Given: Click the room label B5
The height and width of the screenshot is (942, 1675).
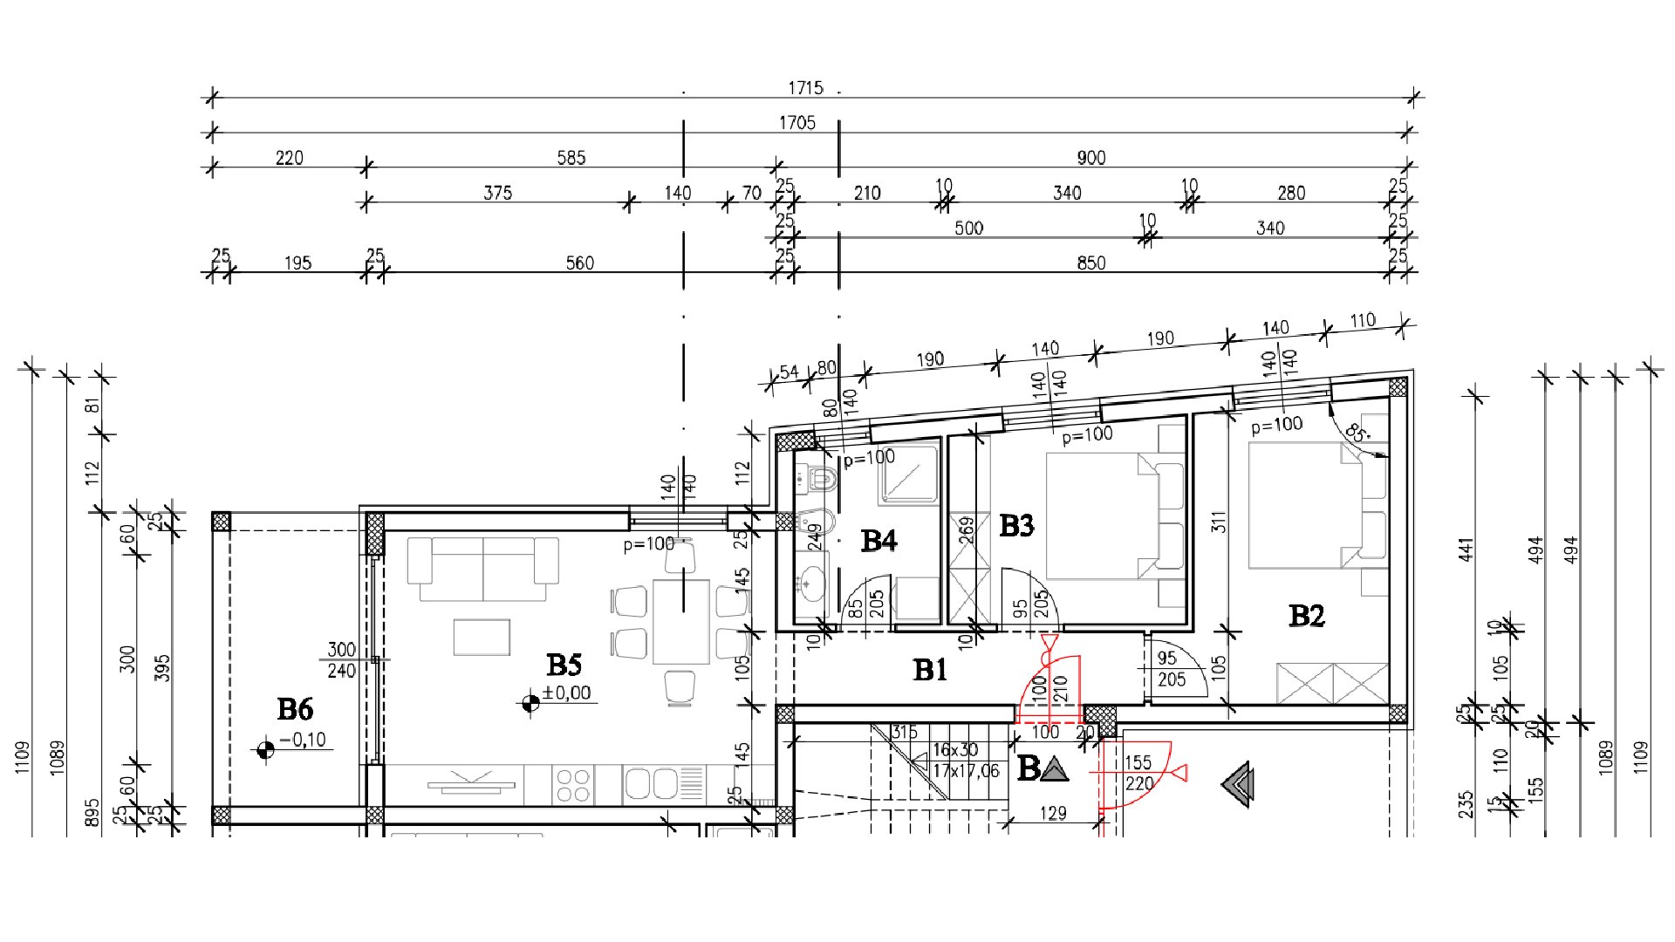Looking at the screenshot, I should (564, 666).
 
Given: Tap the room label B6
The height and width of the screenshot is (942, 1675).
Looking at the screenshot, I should (295, 710).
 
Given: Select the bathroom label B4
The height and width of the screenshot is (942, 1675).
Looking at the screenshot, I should (879, 542).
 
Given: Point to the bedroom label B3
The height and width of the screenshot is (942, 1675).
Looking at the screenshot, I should (1016, 526).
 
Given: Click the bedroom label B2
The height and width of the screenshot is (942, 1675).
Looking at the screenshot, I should (1306, 617).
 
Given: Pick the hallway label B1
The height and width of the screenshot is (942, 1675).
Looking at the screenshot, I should (930, 671).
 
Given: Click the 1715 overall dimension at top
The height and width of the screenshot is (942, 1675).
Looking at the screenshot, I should (805, 88).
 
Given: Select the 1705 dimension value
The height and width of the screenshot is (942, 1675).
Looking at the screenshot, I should (797, 123).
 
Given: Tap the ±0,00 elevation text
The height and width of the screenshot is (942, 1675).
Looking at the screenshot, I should (566, 693).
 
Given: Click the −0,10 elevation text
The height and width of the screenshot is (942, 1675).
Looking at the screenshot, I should (303, 741).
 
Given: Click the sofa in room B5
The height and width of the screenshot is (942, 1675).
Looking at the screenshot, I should (482, 568).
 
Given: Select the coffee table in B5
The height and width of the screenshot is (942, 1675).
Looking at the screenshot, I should (482, 637).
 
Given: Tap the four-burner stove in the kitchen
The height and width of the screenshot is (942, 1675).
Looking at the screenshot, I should (573, 783).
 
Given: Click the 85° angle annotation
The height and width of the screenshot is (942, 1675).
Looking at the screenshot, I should (1356, 433).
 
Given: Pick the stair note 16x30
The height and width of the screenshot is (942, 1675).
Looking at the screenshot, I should (955, 750).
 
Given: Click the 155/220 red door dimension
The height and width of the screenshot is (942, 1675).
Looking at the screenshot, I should (1138, 774).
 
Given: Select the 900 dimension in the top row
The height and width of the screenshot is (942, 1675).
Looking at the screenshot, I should (1090, 158).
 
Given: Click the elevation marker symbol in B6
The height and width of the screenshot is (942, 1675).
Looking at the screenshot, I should (265, 749).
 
